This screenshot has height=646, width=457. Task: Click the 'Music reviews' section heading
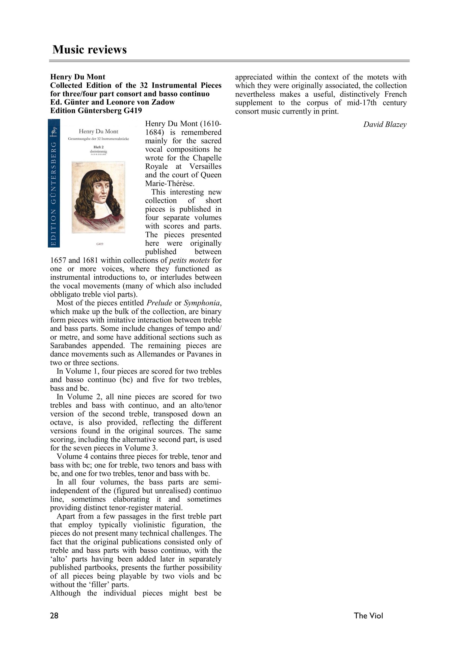click(x=90, y=49)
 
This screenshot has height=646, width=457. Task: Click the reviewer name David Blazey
click(x=384, y=124)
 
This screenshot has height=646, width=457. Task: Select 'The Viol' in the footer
click(x=368, y=616)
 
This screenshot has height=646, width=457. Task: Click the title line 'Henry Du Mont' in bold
click(x=78, y=77)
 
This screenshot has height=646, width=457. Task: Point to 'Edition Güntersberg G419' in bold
click(x=96, y=111)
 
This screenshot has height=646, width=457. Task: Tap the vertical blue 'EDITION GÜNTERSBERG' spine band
click(x=54, y=183)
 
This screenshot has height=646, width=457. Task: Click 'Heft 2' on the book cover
click(x=98, y=147)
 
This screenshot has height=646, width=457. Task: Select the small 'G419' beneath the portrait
click(x=100, y=244)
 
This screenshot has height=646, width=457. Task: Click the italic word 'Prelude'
click(x=159, y=303)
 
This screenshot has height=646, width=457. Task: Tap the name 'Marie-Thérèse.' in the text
click(x=170, y=183)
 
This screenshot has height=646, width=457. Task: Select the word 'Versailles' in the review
click(x=205, y=166)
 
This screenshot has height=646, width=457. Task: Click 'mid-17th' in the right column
click(x=362, y=103)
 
